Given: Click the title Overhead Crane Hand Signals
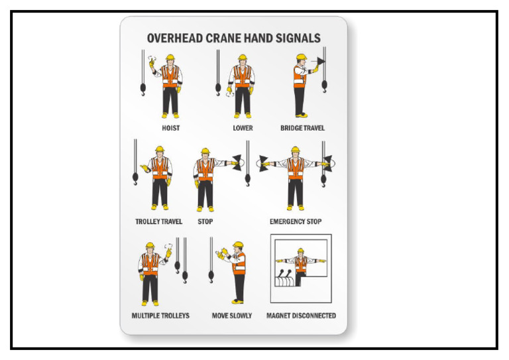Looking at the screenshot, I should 233,38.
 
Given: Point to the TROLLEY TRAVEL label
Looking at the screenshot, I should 158,221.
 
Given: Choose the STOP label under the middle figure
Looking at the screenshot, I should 205,221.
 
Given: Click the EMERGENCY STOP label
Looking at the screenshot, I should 296,221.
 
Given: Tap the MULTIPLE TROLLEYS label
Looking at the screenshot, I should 160,316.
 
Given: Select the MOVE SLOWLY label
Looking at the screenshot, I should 232,316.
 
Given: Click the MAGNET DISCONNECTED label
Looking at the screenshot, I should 301,316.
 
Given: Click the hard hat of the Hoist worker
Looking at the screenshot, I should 170,58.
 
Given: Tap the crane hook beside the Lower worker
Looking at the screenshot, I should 218,86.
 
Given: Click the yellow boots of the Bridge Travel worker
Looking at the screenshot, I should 302,115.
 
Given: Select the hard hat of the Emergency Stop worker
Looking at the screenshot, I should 296,150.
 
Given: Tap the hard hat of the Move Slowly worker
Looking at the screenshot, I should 238,245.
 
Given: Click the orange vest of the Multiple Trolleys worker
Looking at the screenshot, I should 150,264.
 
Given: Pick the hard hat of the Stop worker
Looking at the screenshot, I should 205,151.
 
